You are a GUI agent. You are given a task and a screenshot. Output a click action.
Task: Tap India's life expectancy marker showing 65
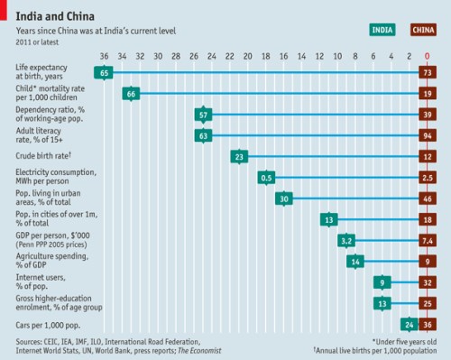[105, 72]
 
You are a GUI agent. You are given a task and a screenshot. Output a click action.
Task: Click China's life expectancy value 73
[428, 72]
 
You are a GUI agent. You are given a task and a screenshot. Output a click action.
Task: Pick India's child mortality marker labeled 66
[132, 93]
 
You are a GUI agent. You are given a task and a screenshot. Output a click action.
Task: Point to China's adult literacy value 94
[428, 135]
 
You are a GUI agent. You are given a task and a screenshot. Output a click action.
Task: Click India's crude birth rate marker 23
[239, 157]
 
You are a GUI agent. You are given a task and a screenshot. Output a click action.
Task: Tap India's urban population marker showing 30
[284, 198]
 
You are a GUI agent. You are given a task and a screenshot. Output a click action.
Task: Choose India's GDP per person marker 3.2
[347, 241]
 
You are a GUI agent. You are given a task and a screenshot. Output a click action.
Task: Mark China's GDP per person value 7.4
[428, 241]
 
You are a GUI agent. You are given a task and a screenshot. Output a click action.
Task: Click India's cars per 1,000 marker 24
[410, 324]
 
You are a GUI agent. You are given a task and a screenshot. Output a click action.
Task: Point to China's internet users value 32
[428, 282]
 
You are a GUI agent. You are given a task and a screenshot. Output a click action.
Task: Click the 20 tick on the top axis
[248, 55]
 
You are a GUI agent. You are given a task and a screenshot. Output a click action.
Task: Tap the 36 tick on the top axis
[105, 55]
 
